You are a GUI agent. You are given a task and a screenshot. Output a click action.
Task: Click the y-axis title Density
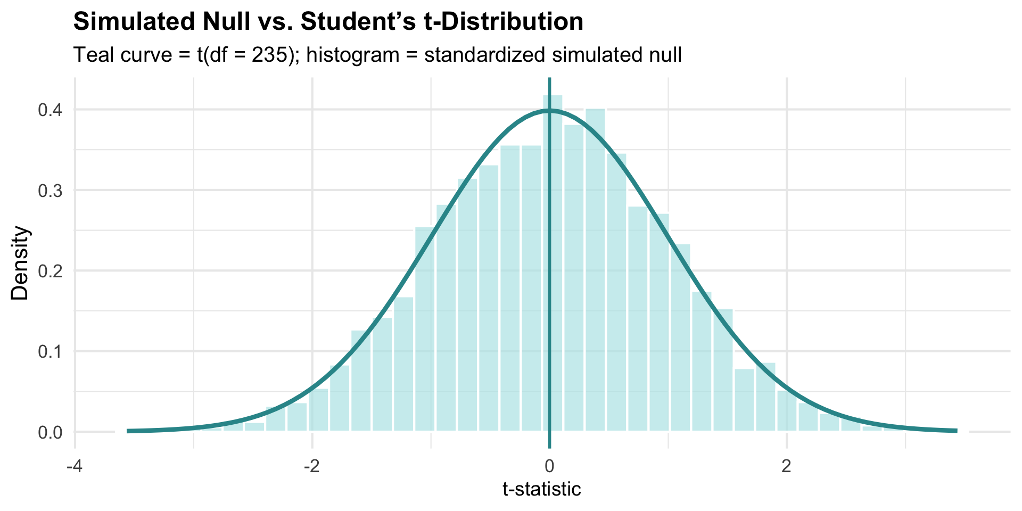coord(20,263)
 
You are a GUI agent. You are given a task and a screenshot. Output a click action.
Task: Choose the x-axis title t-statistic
coord(542,489)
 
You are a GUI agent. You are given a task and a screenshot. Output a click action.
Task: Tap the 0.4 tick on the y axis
coord(51,110)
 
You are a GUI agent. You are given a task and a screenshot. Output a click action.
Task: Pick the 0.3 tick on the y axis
coord(51,191)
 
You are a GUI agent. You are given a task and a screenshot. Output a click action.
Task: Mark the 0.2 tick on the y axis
coord(51,271)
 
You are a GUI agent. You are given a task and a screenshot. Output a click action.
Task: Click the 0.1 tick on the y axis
coord(51,351)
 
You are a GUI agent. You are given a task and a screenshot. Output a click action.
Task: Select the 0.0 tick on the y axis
coord(51,432)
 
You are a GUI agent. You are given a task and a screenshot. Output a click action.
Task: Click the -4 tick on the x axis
coord(74,467)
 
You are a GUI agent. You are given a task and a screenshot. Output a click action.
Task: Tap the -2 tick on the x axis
coord(311,467)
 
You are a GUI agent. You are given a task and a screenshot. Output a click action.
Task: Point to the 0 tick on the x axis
coord(549,467)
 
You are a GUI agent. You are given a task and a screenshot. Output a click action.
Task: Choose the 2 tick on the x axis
coord(787,467)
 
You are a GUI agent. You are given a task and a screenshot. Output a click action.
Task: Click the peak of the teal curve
coord(549,111)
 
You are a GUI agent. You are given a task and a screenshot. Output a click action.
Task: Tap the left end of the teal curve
coord(128,431)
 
